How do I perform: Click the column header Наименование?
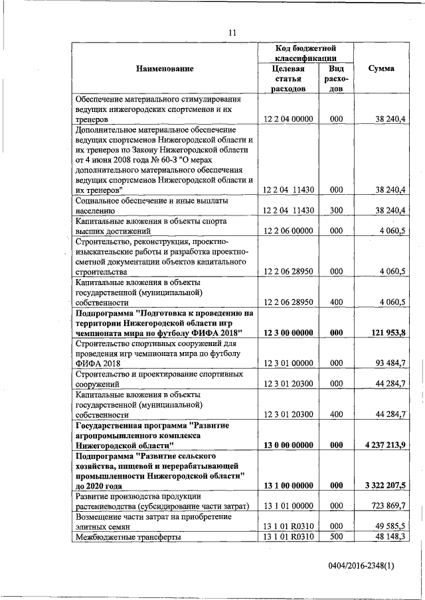click(x=165, y=68)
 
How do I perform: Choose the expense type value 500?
click(x=336, y=537)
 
